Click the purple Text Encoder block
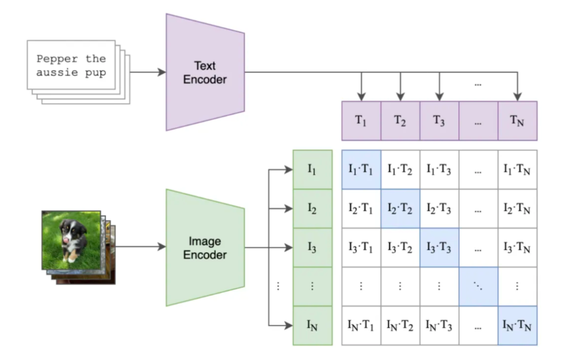(x=205, y=72)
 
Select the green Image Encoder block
(x=205, y=248)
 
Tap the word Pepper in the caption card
(x=57, y=59)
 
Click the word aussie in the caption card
(x=57, y=72)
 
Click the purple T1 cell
(x=361, y=121)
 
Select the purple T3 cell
(x=439, y=121)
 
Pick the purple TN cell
(x=517, y=121)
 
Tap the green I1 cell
(x=312, y=170)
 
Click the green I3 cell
(x=312, y=248)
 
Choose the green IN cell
(x=312, y=326)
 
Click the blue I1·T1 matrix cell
(x=361, y=170)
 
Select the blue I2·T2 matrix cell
(x=400, y=209)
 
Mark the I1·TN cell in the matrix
(x=517, y=170)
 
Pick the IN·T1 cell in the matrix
(x=361, y=326)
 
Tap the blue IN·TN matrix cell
(x=517, y=326)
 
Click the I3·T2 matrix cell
(x=400, y=248)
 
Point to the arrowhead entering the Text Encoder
(x=162, y=72)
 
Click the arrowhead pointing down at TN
(x=517, y=97)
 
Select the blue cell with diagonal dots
(x=479, y=287)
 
